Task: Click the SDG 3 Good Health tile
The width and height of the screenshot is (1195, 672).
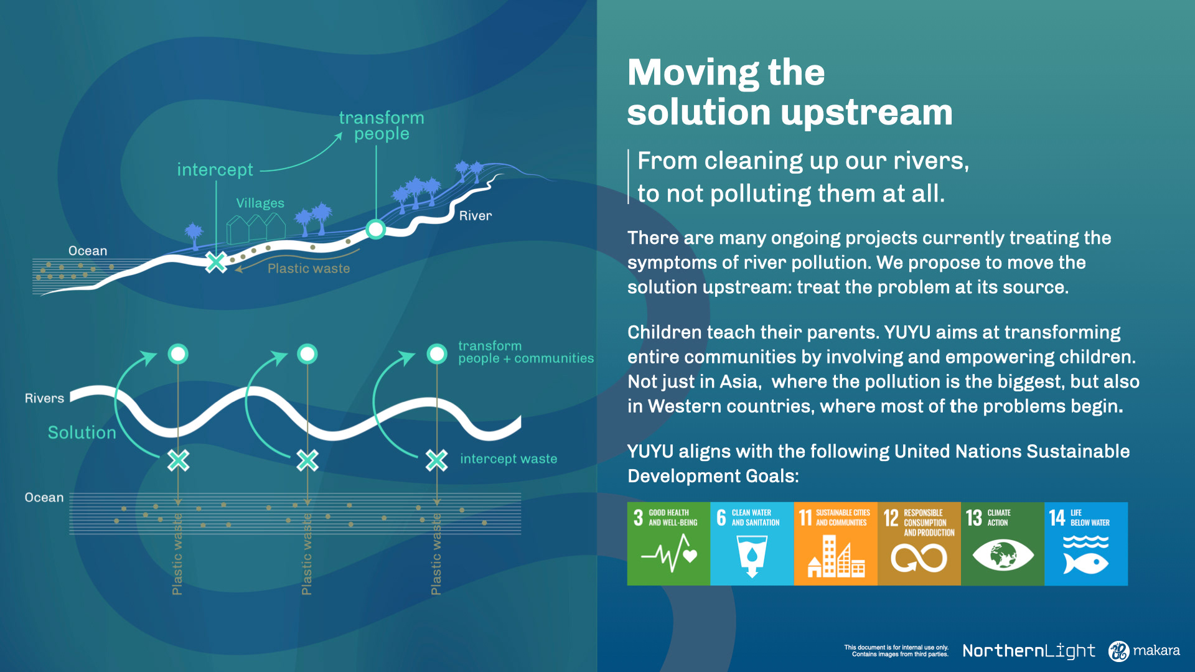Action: pyautogui.click(x=668, y=543)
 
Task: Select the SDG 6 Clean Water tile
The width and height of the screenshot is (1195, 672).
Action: pyautogui.click(x=752, y=543)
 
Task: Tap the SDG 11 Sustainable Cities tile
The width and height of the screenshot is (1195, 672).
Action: pyautogui.click(x=835, y=543)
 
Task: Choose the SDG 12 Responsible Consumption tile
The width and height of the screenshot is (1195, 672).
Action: pyautogui.click(x=919, y=543)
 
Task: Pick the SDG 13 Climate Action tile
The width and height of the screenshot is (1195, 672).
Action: pyautogui.click(x=1002, y=543)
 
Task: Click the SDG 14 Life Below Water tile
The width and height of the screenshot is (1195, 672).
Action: pyautogui.click(x=1086, y=543)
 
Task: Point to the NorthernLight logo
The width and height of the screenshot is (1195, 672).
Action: pyautogui.click(x=1029, y=651)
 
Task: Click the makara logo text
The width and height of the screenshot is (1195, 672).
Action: pyautogui.click(x=1156, y=650)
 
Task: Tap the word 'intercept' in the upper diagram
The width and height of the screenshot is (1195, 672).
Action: pyautogui.click(x=215, y=170)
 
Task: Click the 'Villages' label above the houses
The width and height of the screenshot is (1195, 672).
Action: pyautogui.click(x=260, y=203)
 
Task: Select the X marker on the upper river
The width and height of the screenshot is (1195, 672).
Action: pyautogui.click(x=216, y=262)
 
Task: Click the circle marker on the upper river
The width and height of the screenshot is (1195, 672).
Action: pyautogui.click(x=375, y=229)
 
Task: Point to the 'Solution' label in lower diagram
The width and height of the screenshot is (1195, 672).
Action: pyautogui.click(x=82, y=432)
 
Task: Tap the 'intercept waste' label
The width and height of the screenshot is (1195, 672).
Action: pyautogui.click(x=508, y=459)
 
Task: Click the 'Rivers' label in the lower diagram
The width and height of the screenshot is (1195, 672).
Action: pyautogui.click(x=44, y=398)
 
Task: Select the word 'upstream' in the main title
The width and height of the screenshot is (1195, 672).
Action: pyautogui.click(x=866, y=113)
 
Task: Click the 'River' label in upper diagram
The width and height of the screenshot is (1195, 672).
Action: pyautogui.click(x=476, y=216)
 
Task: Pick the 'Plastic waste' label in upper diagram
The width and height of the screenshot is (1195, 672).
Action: pyautogui.click(x=309, y=269)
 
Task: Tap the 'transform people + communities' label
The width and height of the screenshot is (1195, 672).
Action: pyautogui.click(x=526, y=352)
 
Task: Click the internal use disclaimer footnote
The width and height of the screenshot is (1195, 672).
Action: pyautogui.click(x=896, y=651)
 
